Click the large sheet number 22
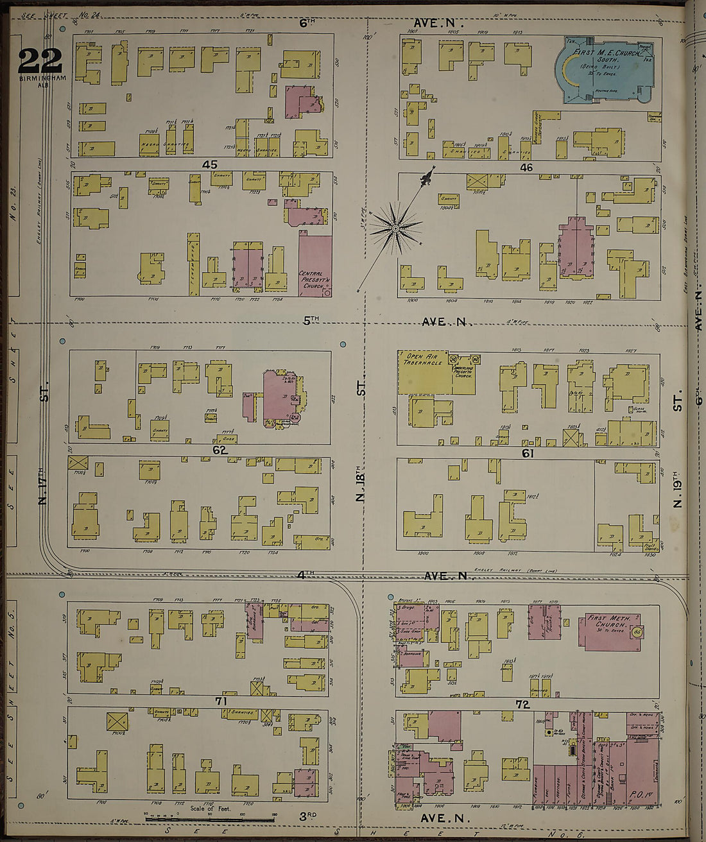[x=40, y=61]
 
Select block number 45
[x=209, y=165]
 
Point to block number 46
[x=526, y=168]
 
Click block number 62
[x=220, y=451]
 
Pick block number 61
[x=528, y=453]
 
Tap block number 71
[x=221, y=701]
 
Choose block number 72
[x=522, y=704]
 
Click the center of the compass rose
[x=396, y=228]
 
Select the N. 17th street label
[x=44, y=488]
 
